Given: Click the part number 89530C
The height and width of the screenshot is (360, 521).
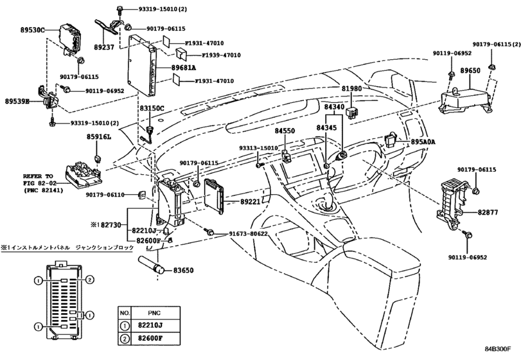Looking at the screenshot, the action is tap(32, 30).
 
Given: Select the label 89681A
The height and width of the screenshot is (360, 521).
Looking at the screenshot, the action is tap(184, 67).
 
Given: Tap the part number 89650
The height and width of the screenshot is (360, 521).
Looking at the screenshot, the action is tap(470, 71).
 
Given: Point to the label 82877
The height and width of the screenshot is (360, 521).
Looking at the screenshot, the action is tap(488, 212).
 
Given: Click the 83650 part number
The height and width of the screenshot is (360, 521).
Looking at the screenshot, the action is tap(183, 271).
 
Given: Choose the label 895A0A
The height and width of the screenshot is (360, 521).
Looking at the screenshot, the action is tap(423, 142).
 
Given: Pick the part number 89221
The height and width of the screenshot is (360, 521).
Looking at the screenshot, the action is tap(251, 202).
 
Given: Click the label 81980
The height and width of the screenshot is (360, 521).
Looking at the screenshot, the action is tap(352, 89).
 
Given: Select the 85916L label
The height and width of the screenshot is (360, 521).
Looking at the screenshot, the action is tap(99, 137).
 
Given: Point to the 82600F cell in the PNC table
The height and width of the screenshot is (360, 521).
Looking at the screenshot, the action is tap(150, 339).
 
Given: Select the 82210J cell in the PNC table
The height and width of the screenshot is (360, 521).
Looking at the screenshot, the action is tap(150, 325).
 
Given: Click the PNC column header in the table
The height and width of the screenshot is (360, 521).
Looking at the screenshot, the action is tap(154, 313).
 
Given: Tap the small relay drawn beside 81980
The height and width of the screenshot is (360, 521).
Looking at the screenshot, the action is tap(352, 113).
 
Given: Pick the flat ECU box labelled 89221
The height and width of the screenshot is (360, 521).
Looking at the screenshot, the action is tap(214, 196).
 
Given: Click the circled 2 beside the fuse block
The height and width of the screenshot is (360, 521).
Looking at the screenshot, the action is tap(89, 280).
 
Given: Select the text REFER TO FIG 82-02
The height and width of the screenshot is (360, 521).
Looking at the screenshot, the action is tap(43, 179).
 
